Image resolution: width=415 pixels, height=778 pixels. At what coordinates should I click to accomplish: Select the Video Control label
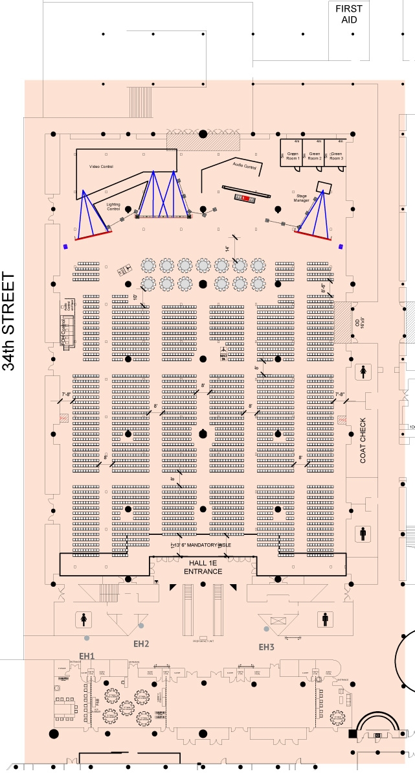click(102, 167)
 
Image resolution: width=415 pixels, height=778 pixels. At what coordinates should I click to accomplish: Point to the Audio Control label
click(245, 167)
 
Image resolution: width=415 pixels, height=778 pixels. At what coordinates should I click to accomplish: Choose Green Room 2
click(315, 156)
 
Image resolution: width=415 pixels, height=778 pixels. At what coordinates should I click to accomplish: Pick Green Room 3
click(335, 156)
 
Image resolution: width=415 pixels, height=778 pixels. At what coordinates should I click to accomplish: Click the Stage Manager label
click(302, 198)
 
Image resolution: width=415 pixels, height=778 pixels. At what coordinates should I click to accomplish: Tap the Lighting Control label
click(113, 207)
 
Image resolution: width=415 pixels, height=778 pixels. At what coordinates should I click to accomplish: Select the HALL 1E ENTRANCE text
click(203, 567)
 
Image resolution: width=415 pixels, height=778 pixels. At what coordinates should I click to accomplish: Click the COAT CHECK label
click(363, 440)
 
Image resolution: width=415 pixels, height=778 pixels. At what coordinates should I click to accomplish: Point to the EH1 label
click(87, 655)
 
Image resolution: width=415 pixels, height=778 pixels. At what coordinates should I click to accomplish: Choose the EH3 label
click(267, 647)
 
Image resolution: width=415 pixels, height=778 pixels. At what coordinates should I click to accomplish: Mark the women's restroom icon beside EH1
click(84, 620)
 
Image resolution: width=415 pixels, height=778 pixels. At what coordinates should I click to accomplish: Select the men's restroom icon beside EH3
click(325, 620)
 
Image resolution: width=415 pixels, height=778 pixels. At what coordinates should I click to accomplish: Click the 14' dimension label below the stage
click(228, 249)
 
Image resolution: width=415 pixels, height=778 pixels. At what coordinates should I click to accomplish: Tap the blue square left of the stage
click(65, 246)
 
